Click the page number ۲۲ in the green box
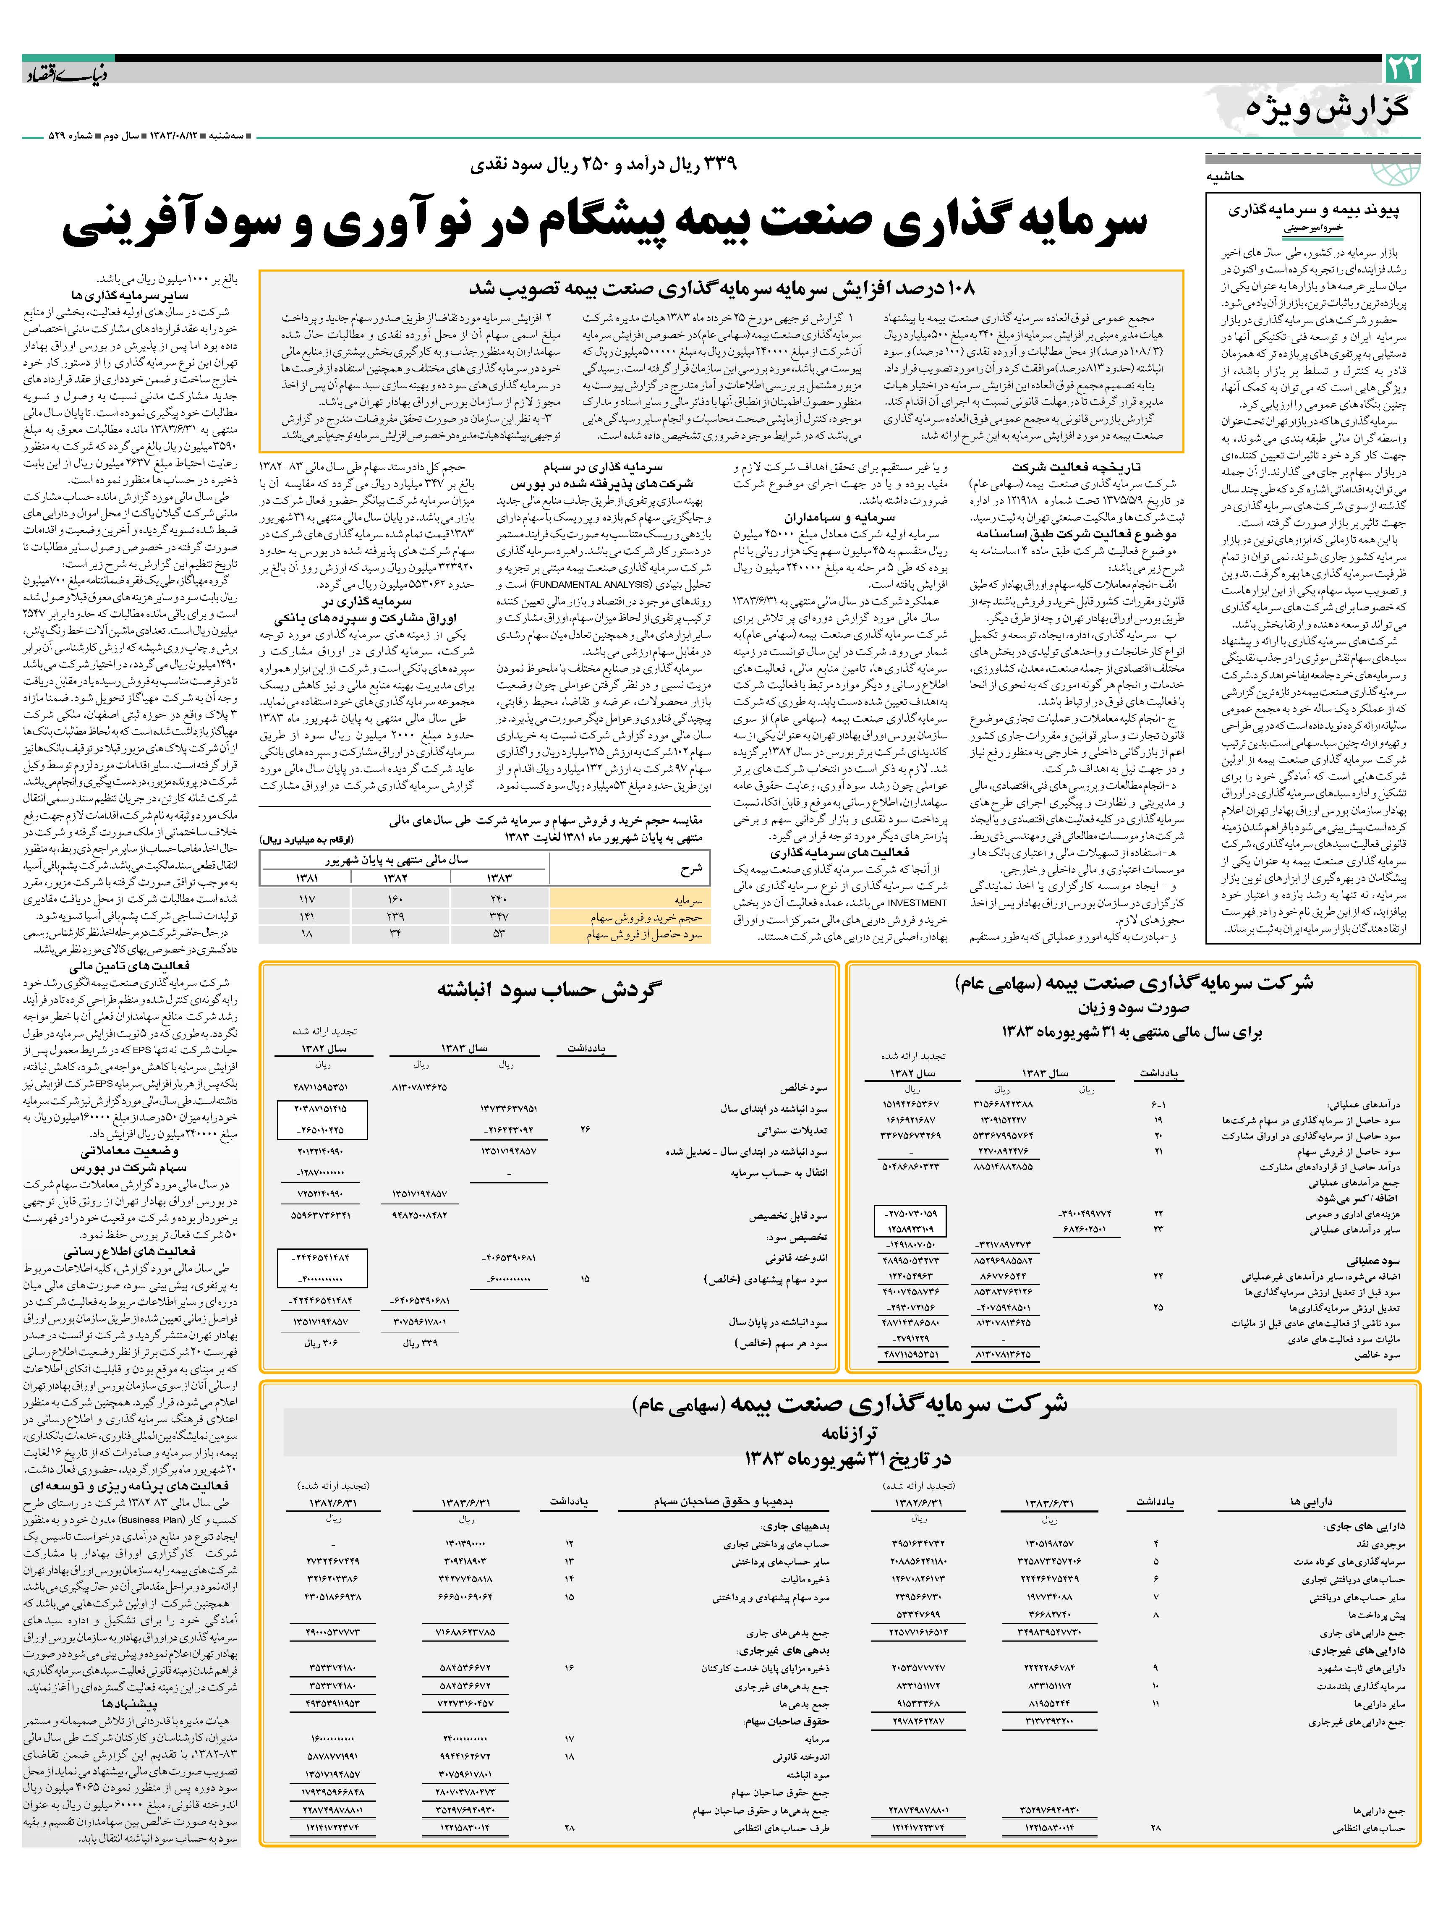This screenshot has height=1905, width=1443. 1402,69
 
